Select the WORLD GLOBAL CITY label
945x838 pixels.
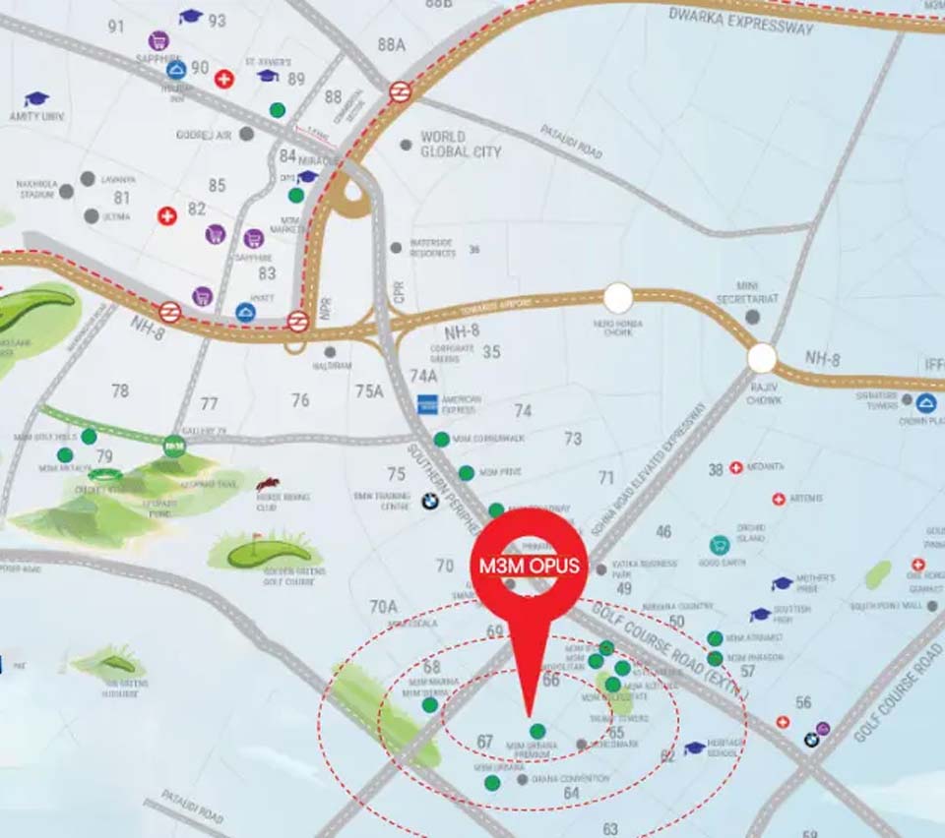click(461, 145)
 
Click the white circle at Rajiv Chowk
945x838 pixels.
click(762, 358)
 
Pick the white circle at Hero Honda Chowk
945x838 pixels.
click(618, 297)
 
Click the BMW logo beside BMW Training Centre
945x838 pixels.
click(429, 501)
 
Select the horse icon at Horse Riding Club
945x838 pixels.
click(267, 483)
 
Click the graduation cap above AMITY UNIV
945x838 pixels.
click(36, 99)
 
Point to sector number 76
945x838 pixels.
click(300, 400)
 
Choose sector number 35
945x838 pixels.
click(492, 351)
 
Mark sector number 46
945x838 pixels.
click(664, 532)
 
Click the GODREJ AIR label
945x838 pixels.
click(203, 134)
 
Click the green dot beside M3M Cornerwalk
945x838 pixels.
click(442, 439)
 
